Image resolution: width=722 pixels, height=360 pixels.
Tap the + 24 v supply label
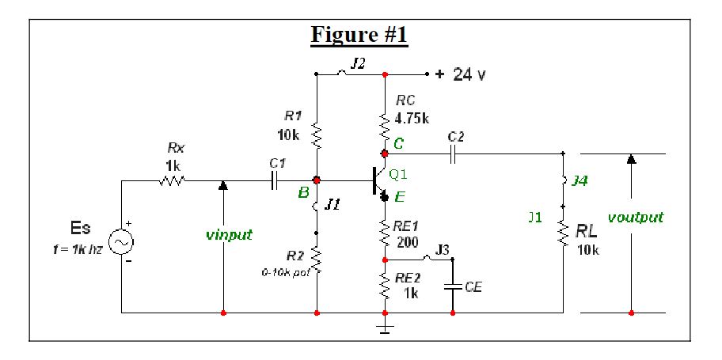461,74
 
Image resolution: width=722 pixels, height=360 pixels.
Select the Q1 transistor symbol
379,180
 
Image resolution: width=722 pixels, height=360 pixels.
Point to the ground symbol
385,325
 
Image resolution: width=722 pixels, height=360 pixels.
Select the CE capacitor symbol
452,286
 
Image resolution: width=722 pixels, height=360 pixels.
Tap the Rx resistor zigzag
173,180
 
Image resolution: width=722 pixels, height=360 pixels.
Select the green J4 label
580,180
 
